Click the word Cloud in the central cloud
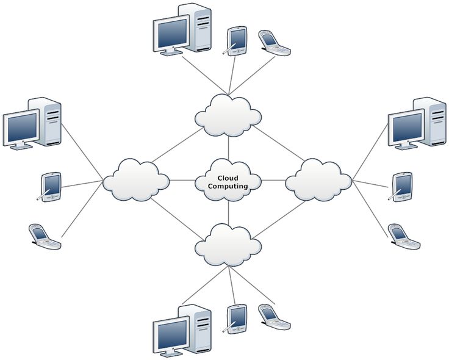(x=228, y=178)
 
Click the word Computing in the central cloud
(x=228, y=186)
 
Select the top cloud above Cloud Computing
(x=228, y=115)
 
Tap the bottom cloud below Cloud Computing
(x=228, y=245)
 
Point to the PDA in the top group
(x=236, y=39)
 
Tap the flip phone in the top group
(x=274, y=43)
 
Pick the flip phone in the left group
(x=45, y=236)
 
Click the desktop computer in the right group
(x=418, y=123)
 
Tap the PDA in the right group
(x=402, y=186)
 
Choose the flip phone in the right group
(x=404, y=236)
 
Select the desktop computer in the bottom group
(x=182, y=330)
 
